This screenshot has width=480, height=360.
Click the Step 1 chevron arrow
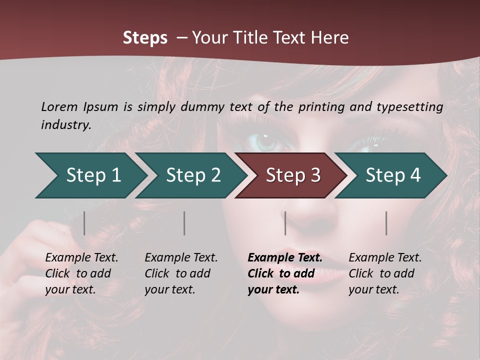[x=92, y=175]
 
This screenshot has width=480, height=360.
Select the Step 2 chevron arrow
[x=192, y=175]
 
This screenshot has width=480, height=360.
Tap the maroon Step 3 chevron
[x=292, y=175]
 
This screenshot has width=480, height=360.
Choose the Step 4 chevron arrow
[x=392, y=175]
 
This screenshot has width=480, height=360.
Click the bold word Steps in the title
[x=145, y=38]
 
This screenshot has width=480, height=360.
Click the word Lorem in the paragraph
[x=59, y=106]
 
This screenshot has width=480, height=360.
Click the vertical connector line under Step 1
[x=84, y=223]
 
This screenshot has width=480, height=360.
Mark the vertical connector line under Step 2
[x=184, y=223]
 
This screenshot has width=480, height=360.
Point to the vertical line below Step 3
[x=285, y=223]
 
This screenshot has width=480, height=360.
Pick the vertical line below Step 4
[x=386, y=223]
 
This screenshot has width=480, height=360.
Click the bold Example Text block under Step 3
[x=285, y=273]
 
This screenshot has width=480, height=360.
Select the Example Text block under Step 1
[x=81, y=273]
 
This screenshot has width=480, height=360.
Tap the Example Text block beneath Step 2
[x=181, y=273]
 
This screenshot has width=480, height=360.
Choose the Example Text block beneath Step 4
[x=385, y=273]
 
